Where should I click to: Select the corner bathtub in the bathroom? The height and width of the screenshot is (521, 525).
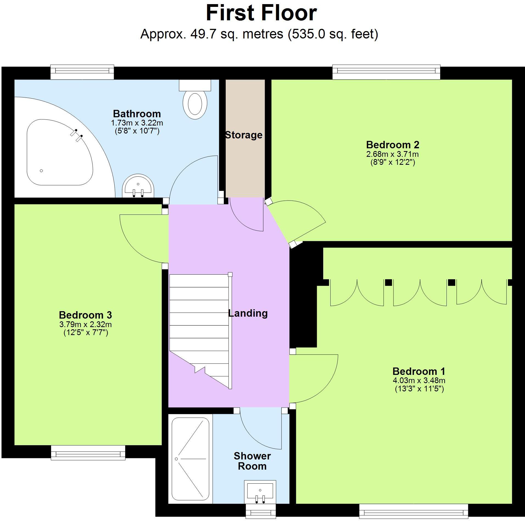(x=59, y=152)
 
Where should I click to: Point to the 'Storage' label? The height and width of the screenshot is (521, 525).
(x=244, y=135)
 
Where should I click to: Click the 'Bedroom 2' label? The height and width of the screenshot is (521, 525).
(x=392, y=145)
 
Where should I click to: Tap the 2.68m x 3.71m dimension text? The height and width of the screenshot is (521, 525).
(x=392, y=154)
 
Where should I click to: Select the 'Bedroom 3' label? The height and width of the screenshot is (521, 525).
(x=85, y=315)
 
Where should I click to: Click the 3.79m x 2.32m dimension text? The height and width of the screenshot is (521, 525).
(x=85, y=324)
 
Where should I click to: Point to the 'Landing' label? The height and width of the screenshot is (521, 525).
(x=248, y=313)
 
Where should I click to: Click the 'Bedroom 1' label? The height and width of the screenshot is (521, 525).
(x=419, y=371)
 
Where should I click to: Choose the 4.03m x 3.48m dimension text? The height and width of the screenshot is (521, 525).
(x=419, y=381)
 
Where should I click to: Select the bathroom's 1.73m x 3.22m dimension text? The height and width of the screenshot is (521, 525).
(x=137, y=122)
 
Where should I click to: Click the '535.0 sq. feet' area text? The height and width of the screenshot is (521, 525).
(x=333, y=34)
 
